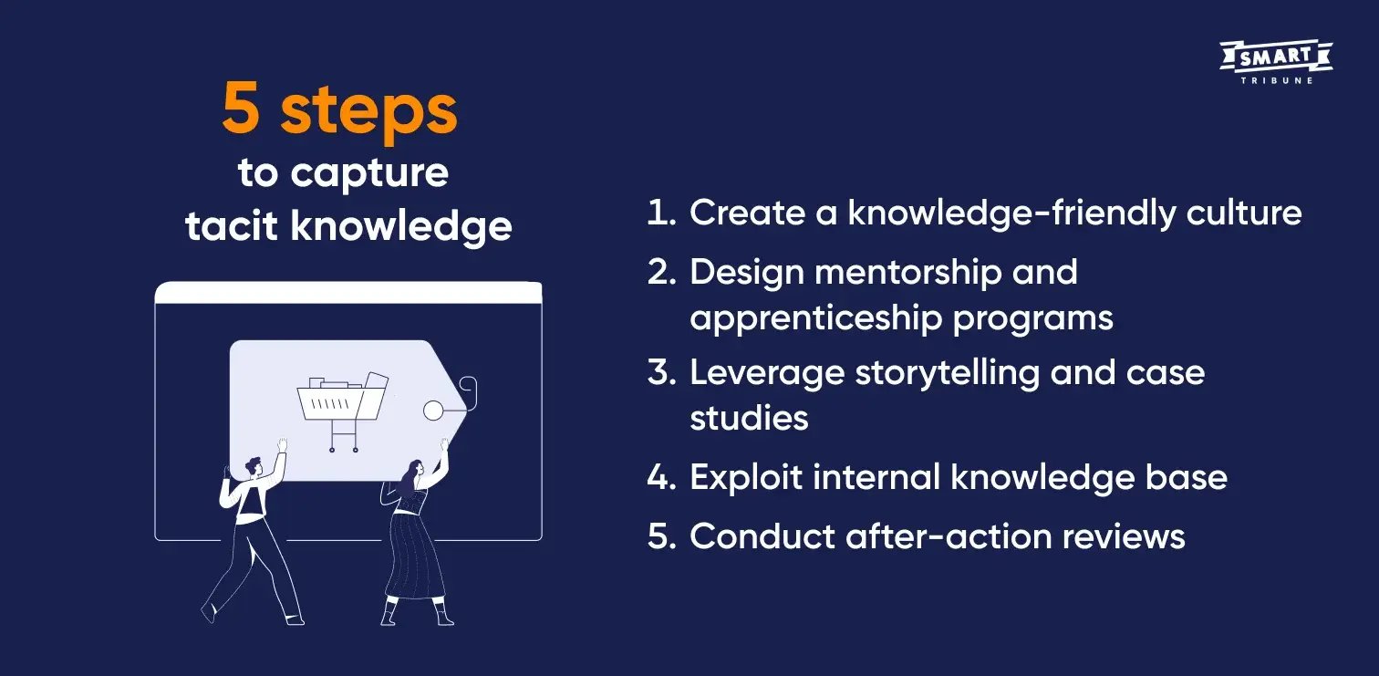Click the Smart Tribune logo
click(1275, 62)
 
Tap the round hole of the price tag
click(433, 411)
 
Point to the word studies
click(749, 418)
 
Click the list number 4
click(658, 478)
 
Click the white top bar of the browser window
click(348, 293)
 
